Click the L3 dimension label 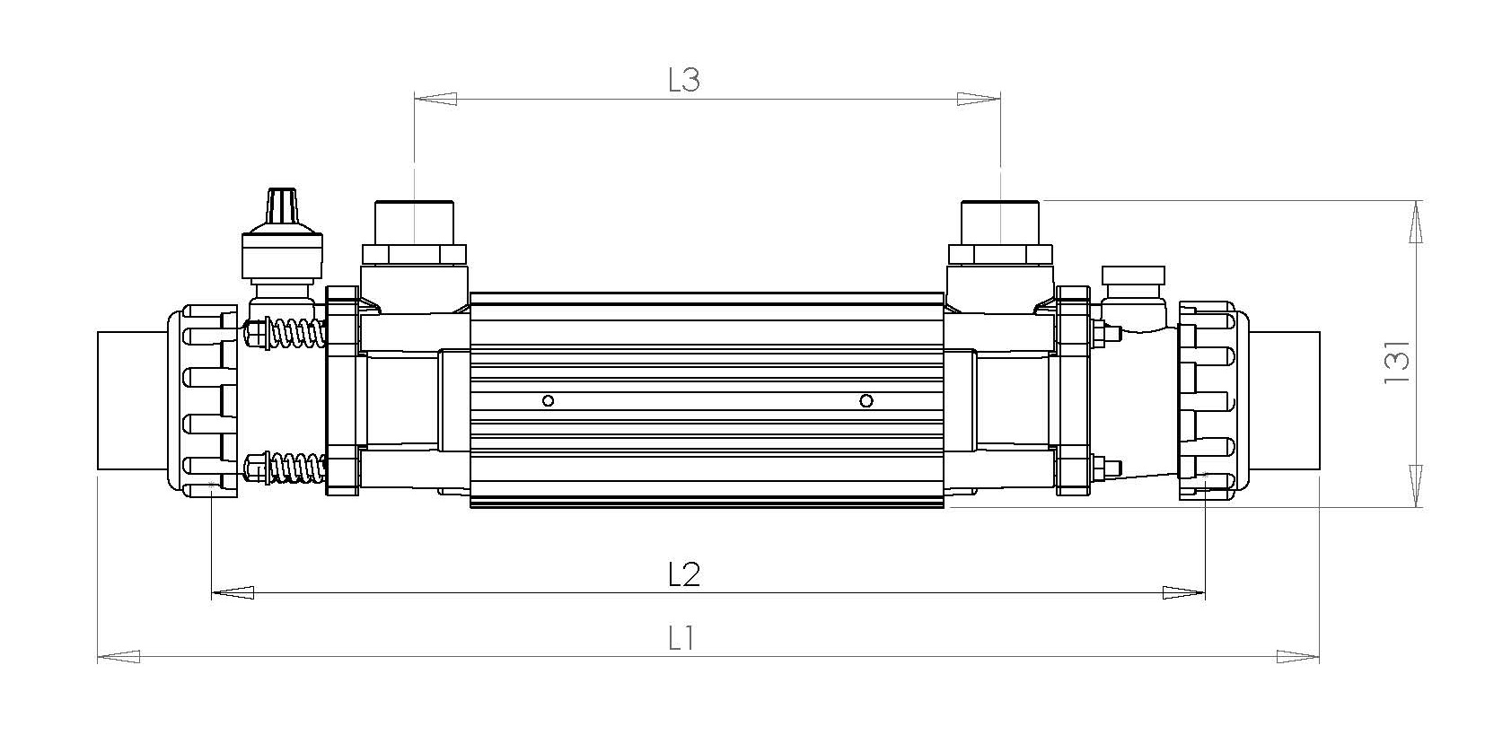683,80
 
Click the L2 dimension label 684,573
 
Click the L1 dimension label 682,639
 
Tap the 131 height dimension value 1398,362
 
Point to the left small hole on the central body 549,400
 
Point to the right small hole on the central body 866,400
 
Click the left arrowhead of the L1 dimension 118,656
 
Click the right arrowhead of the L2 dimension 1183,592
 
